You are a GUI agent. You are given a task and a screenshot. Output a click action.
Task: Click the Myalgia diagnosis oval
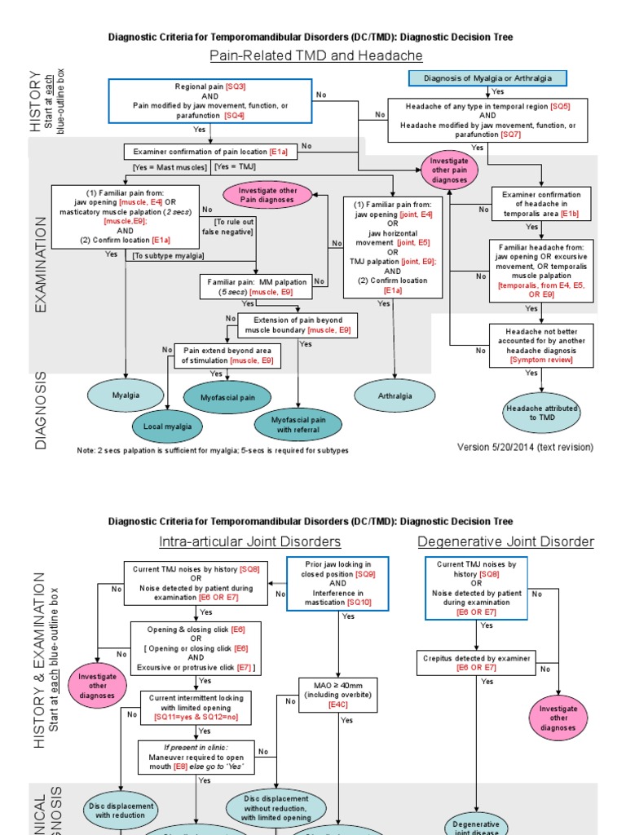pyautogui.click(x=126, y=395)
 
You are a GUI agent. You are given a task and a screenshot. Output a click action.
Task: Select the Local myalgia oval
pyautogui.click(x=168, y=426)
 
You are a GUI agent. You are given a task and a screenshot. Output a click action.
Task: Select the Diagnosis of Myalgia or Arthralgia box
pyautogui.click(x=487, y=78)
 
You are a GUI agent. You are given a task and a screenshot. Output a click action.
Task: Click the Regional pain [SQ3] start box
pyautogui.click(x=210, y=101)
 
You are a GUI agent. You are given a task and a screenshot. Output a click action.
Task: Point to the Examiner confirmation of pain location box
pyautogui.click(x=209, y=152)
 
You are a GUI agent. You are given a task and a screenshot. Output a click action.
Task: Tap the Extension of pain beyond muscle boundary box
pyautogui.click(x=298, y=325)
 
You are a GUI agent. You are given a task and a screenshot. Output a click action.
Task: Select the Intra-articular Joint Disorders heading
pyautogui.click(x=249, y=541)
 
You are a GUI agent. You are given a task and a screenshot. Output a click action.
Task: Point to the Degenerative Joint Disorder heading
pyautogui.click(x=505, y=541)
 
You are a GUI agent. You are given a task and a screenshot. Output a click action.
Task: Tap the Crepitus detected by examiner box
pyautogui.click(x=476, y=662)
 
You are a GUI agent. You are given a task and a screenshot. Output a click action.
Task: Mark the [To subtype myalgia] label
pyautogui.click(x=169, y=256)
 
